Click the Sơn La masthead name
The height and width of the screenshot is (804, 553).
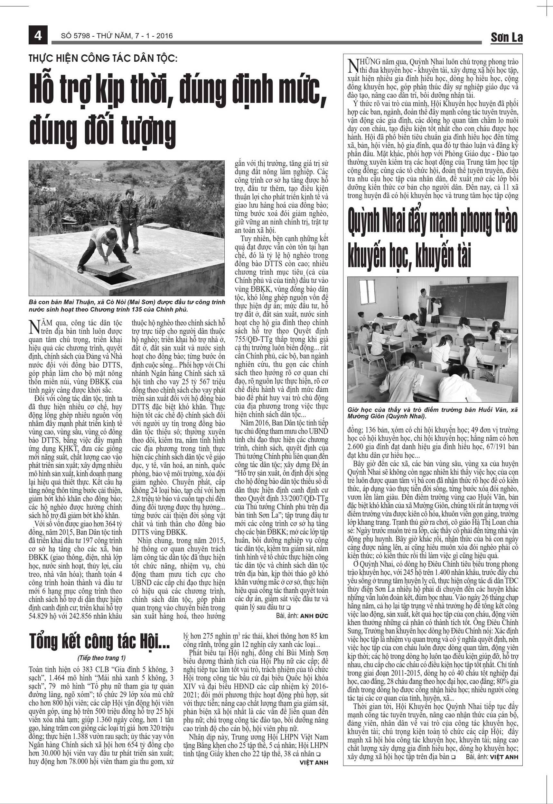506,37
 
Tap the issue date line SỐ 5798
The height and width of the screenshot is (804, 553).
117,36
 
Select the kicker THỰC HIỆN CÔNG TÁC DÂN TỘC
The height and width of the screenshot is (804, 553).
103,59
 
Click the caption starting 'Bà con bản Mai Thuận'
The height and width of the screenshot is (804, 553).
127,306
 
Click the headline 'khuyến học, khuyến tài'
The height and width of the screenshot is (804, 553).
409,256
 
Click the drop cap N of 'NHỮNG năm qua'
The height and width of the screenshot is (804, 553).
352,65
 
